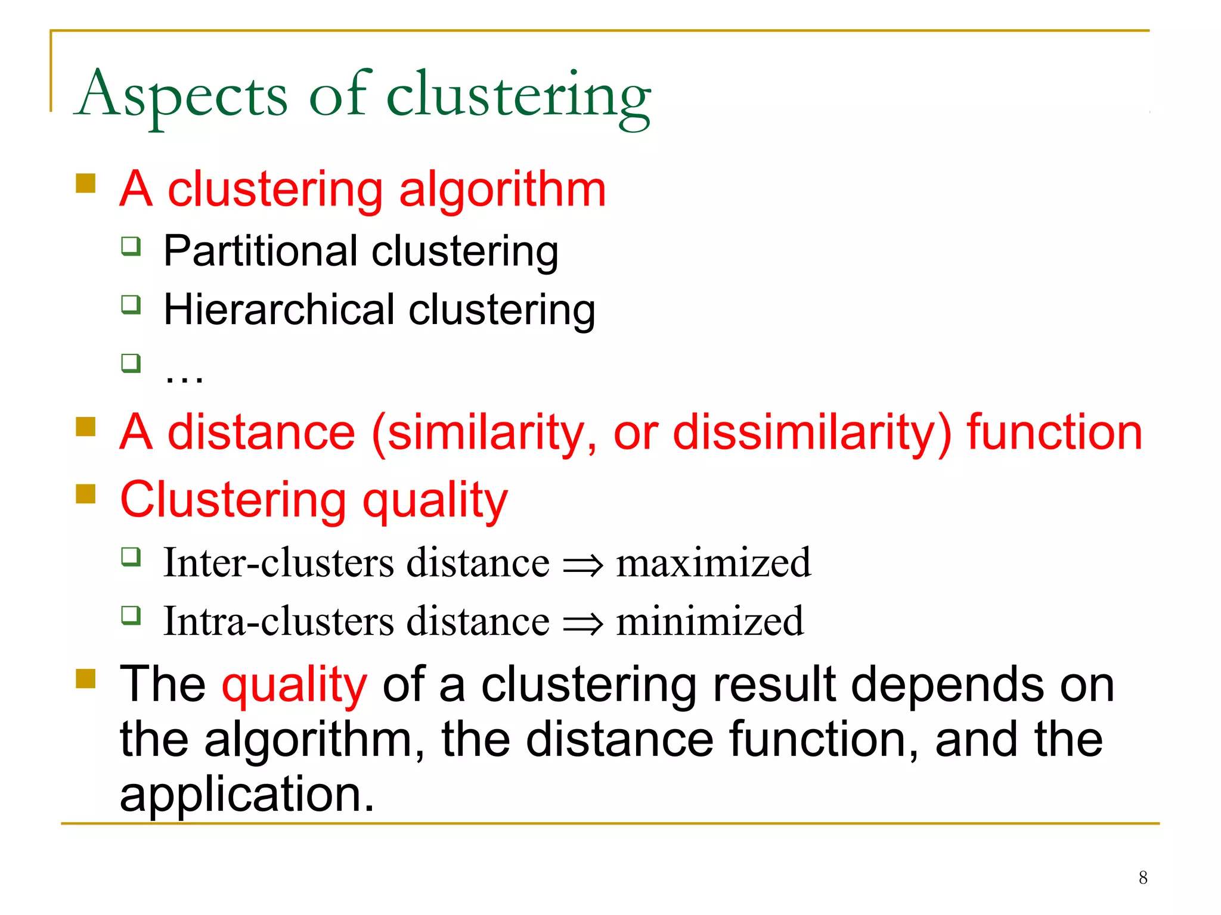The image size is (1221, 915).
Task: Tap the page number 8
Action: pyautogui.click(x=1142, y=877)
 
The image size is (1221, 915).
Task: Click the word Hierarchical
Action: pyautogui.click(x=279, y=310)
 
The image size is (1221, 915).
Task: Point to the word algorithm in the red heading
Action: pyautogui.click(x=502, y=189)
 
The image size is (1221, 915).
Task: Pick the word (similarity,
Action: pyautogui.click(x=484, y=432)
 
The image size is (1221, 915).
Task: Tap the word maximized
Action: pyautogui.click(x=713, y=562)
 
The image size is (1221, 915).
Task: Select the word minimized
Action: pyautogui.click(x=709, y=621)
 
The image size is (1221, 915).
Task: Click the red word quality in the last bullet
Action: pyautogui.click(x=294, y=685)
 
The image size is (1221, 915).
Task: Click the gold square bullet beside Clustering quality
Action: pyautogui.click(x=86, y=494)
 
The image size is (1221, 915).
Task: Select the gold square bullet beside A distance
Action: pyautogui.click(x=86, y=427)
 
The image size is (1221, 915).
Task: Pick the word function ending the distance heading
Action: pyautogui.click(x=1054, y=432)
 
